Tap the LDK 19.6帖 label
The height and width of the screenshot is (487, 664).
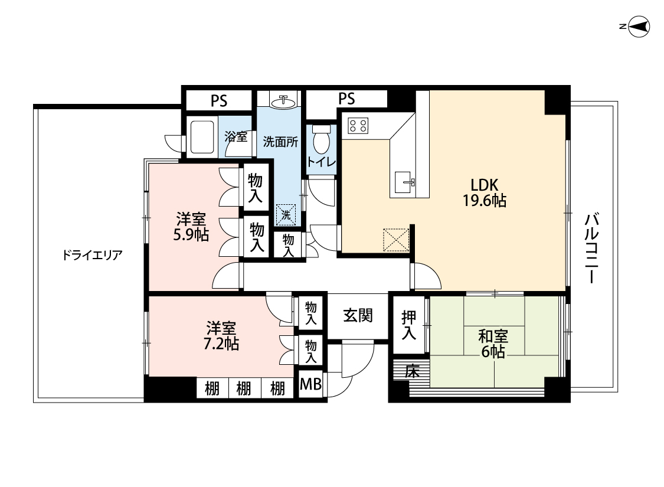pos(484,192)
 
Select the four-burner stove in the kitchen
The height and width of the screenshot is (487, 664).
pos(358,125)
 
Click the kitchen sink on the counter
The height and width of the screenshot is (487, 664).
pos(404,182)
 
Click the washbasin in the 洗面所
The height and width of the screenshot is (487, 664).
pos(283,102)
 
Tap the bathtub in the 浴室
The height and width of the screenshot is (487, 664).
pos(202,137)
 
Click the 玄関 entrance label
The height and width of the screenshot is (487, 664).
pos(358,315)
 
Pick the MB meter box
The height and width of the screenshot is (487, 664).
pos(311,384)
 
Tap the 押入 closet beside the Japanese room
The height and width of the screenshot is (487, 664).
pos(408,325)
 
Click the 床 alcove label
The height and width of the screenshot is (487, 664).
pos(412,371)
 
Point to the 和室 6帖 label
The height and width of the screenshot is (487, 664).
pos(493,344)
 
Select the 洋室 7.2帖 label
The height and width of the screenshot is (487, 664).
pos(221,335)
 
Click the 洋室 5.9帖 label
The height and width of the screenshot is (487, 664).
pos(191,227)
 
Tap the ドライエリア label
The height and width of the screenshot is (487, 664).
pos(92,255)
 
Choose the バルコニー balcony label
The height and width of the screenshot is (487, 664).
pos(592,249)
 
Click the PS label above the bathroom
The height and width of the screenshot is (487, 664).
pos(219,101)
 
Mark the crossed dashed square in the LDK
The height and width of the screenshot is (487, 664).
pos(396,240)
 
